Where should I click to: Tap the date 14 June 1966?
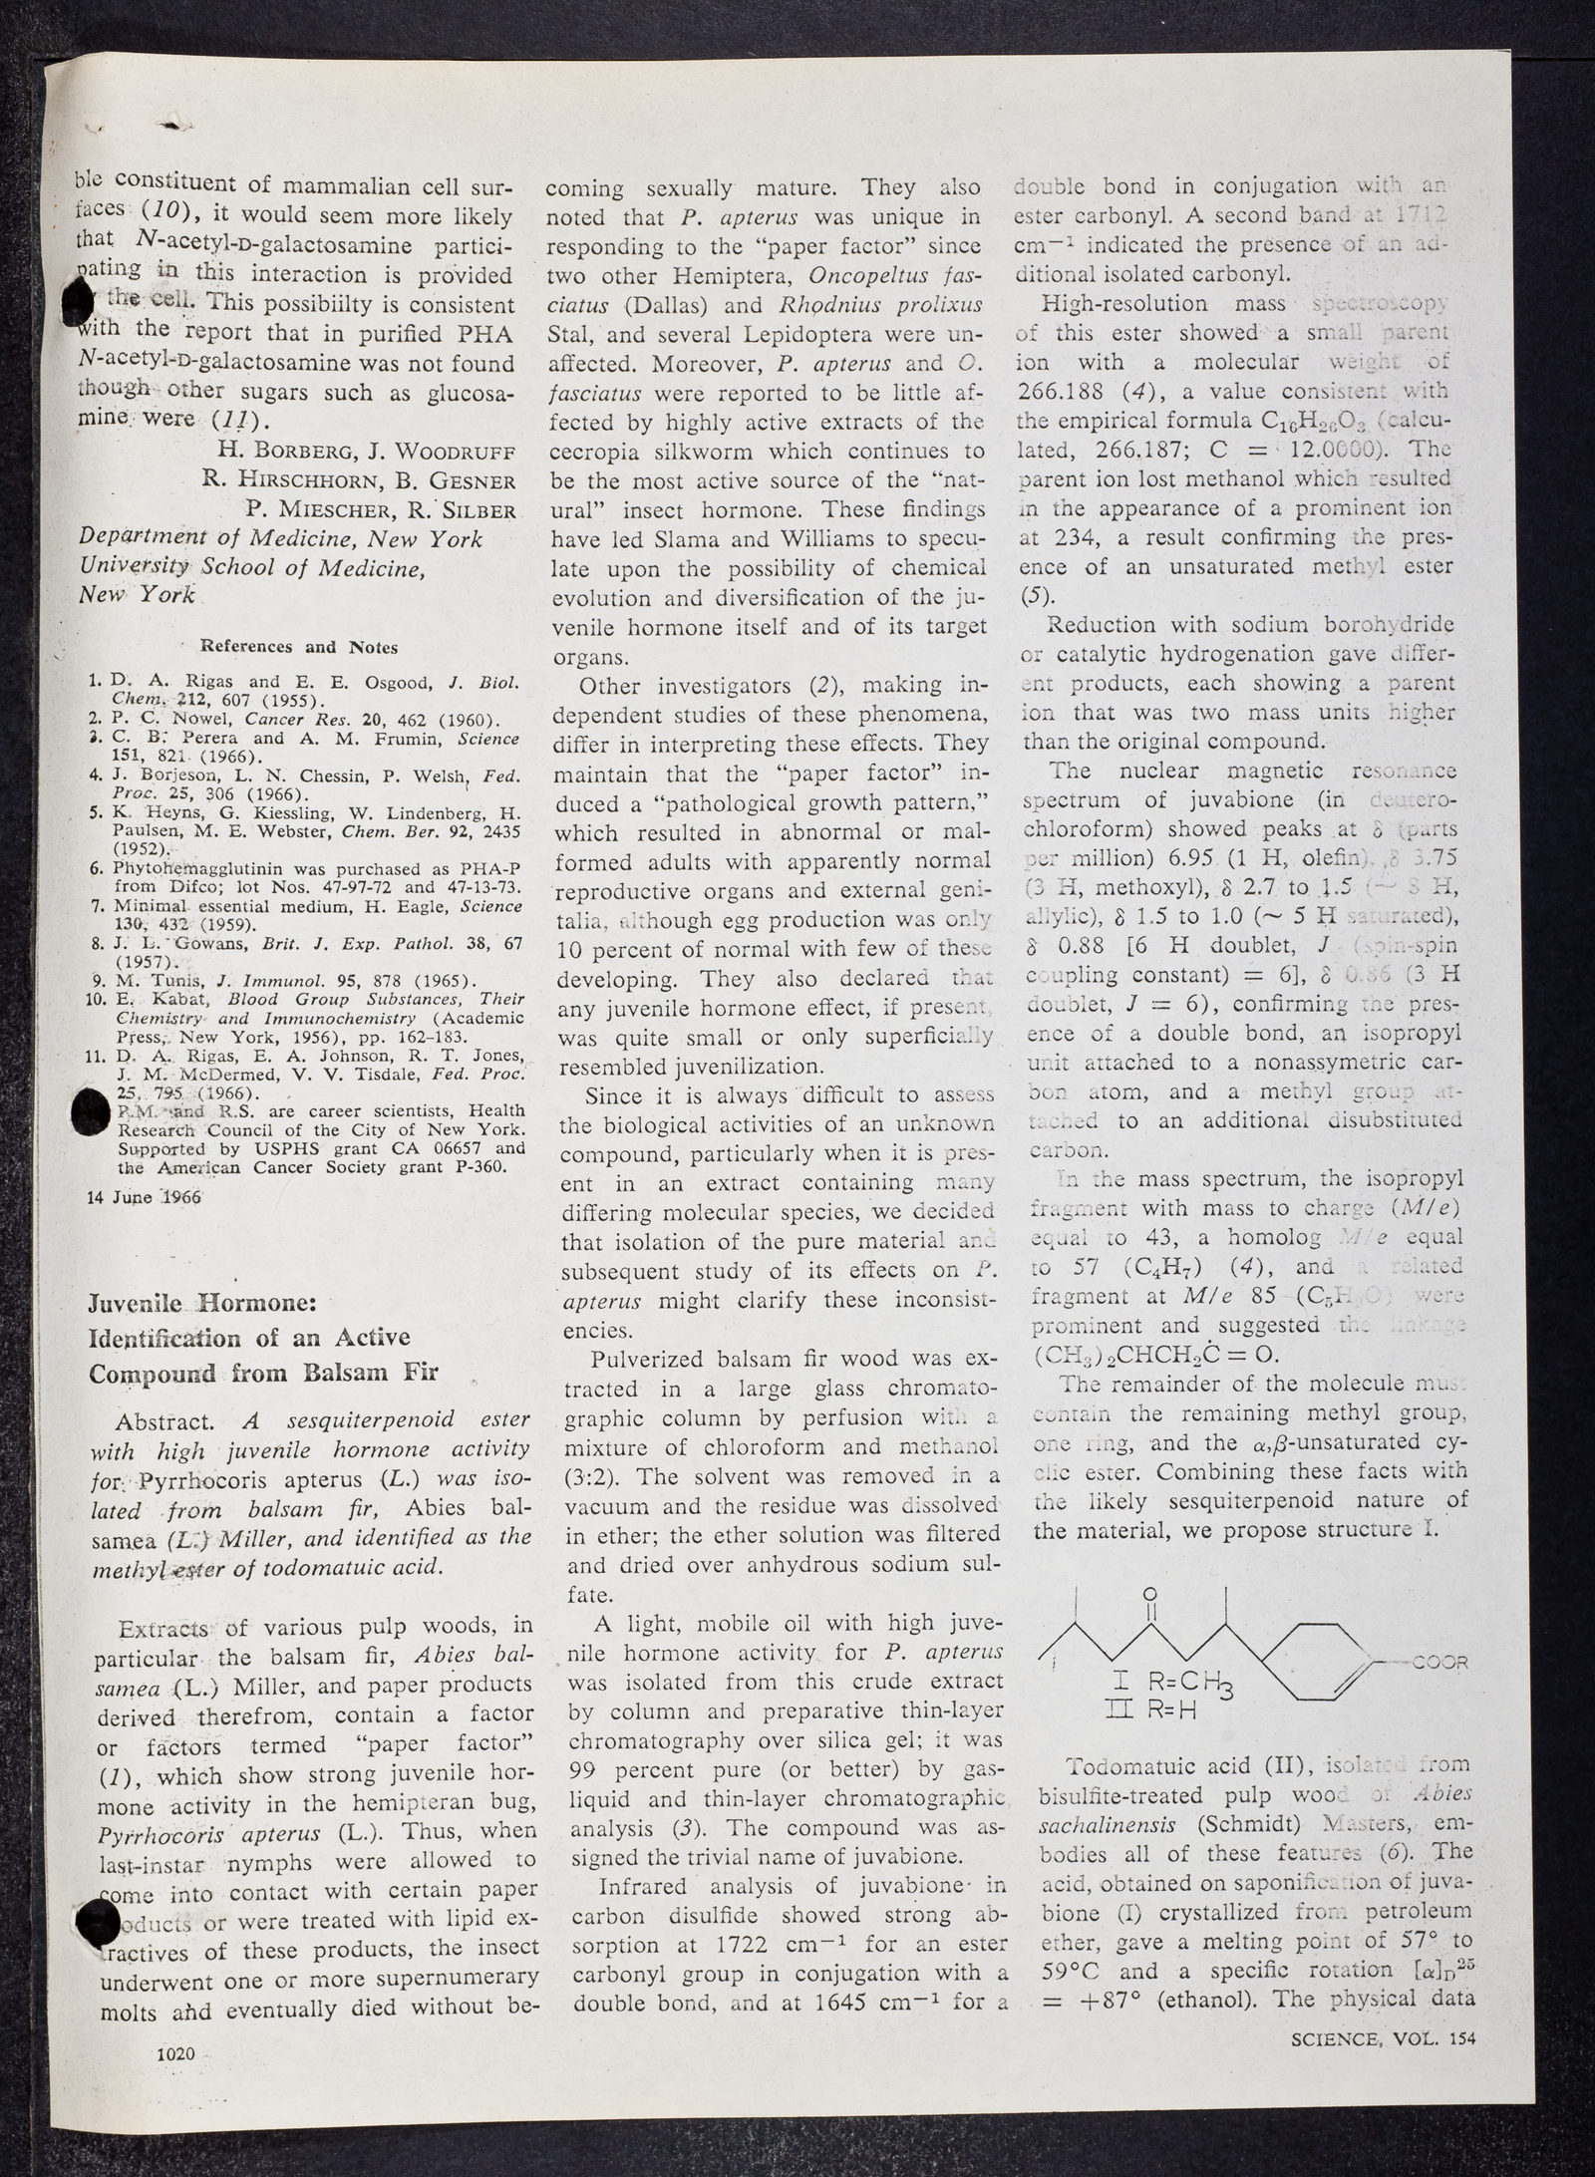(x=145, y=1197)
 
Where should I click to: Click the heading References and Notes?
(x=300, y=647)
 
